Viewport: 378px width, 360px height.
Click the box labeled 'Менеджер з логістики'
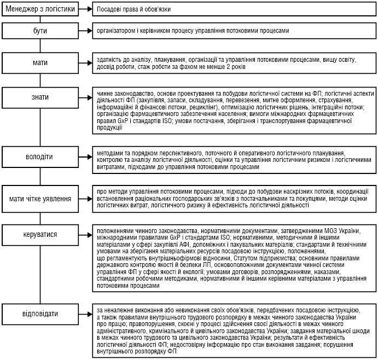point(40,9)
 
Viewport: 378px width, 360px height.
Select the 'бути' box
point(40,32)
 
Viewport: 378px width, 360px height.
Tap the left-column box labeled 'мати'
point(40,63)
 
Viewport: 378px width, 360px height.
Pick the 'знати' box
point(40,97)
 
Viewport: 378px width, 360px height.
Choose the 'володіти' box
point(40,157)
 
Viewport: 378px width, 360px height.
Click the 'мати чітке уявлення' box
point(40,199)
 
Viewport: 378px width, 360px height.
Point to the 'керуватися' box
point(40,234)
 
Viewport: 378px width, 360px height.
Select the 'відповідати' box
point(40,313)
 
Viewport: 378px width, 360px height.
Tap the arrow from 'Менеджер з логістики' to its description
point(84,9)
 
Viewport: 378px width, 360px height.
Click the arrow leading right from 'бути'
point(84,32)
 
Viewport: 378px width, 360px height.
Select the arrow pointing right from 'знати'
point(84,97)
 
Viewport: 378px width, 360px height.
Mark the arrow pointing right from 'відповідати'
point(84,313)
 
